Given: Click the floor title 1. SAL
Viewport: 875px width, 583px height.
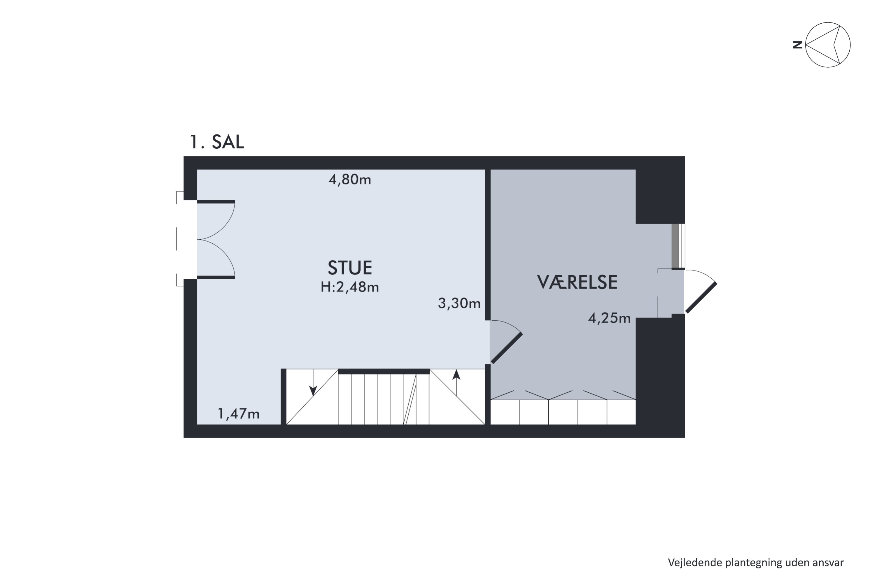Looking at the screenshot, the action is tap(217, 142).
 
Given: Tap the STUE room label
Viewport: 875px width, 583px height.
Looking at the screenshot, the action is tap(350, 268).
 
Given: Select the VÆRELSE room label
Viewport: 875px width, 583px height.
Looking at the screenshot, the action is tap(577, 282).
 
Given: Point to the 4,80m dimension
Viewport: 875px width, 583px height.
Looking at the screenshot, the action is tap(350, 180).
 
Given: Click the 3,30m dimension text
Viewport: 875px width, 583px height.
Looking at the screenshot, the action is tap(459, 303).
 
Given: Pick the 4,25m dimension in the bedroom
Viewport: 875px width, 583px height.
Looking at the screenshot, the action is tap(609, 318).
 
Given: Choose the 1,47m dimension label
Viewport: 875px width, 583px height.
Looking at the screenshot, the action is tap(239, 414).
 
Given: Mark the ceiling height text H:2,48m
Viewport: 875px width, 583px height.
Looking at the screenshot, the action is tap(350, 287).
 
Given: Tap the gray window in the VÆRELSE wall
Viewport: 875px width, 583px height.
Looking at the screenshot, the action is tap(675, 246).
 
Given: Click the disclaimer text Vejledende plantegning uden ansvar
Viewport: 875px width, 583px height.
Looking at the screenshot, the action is tap(756, 563).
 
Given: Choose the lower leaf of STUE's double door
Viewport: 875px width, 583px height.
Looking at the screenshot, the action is tap(216, 278).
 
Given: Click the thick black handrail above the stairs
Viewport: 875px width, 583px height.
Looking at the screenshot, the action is tap(384, 371).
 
